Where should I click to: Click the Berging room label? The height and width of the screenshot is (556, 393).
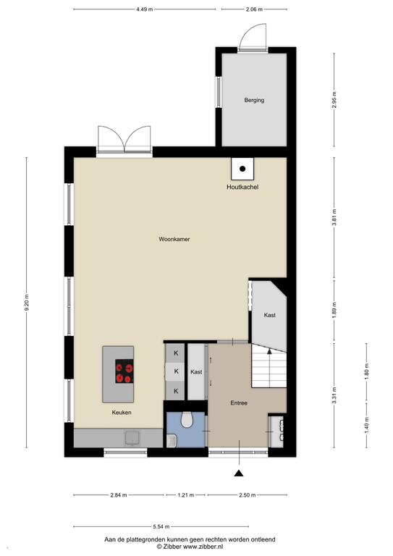click(254, 101)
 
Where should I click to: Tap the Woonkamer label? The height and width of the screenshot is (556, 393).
click(174, 240)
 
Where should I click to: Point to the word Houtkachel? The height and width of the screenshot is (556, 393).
click(242, 187)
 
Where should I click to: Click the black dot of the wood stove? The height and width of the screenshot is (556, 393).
click(242, 169)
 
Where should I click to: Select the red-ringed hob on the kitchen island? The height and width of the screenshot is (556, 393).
click(124, 371)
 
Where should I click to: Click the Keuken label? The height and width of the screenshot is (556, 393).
click(122, 413)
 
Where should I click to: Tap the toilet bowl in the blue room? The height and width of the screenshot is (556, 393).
click(187, 419)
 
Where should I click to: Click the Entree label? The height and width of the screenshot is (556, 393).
click(239, 403)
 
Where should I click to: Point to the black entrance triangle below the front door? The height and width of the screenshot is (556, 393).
click(239, 473)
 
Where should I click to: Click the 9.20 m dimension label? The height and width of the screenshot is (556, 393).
click(27, 303)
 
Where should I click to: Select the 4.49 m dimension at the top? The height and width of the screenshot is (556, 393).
click(145, 9)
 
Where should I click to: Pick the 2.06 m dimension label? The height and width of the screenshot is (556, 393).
click(254, 9)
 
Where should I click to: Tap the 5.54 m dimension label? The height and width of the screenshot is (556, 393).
click(161, 527)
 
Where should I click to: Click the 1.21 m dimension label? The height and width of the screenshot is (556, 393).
click(186, 495)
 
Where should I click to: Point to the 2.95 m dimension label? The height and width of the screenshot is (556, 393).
click(334, 100)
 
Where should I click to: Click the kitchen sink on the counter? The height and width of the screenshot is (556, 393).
click(132, 438)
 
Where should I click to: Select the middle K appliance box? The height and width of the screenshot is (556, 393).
click(175, 371)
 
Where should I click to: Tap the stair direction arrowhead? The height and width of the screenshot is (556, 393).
click(269, 351)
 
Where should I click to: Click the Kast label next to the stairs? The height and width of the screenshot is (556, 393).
click(270, 315)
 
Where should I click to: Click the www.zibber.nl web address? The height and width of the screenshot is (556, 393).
click(203, 547)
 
